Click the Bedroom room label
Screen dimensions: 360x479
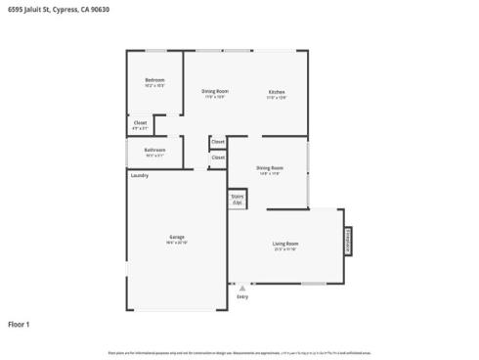pos(154,79)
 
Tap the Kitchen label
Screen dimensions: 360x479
pos(277,92)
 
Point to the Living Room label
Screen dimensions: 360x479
pos(285,243)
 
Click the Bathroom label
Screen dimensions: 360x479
pos(154,149)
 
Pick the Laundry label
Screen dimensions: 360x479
pos(139,175)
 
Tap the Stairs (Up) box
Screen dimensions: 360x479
pos(238,199)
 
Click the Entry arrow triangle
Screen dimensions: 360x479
pos(242,288)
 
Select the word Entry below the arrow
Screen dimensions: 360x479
pos(242,295)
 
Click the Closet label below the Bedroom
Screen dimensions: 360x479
pos(141,122)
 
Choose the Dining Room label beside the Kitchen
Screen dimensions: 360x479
pos(215,91)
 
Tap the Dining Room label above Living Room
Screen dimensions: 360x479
pos(270,167)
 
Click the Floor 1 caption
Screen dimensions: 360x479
pos(20,324)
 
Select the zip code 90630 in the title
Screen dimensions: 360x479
pos(97,9)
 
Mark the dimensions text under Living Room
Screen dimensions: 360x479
pos(285,248)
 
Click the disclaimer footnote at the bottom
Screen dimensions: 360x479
pos(239,351)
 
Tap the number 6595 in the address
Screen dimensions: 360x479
pos(15,9)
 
